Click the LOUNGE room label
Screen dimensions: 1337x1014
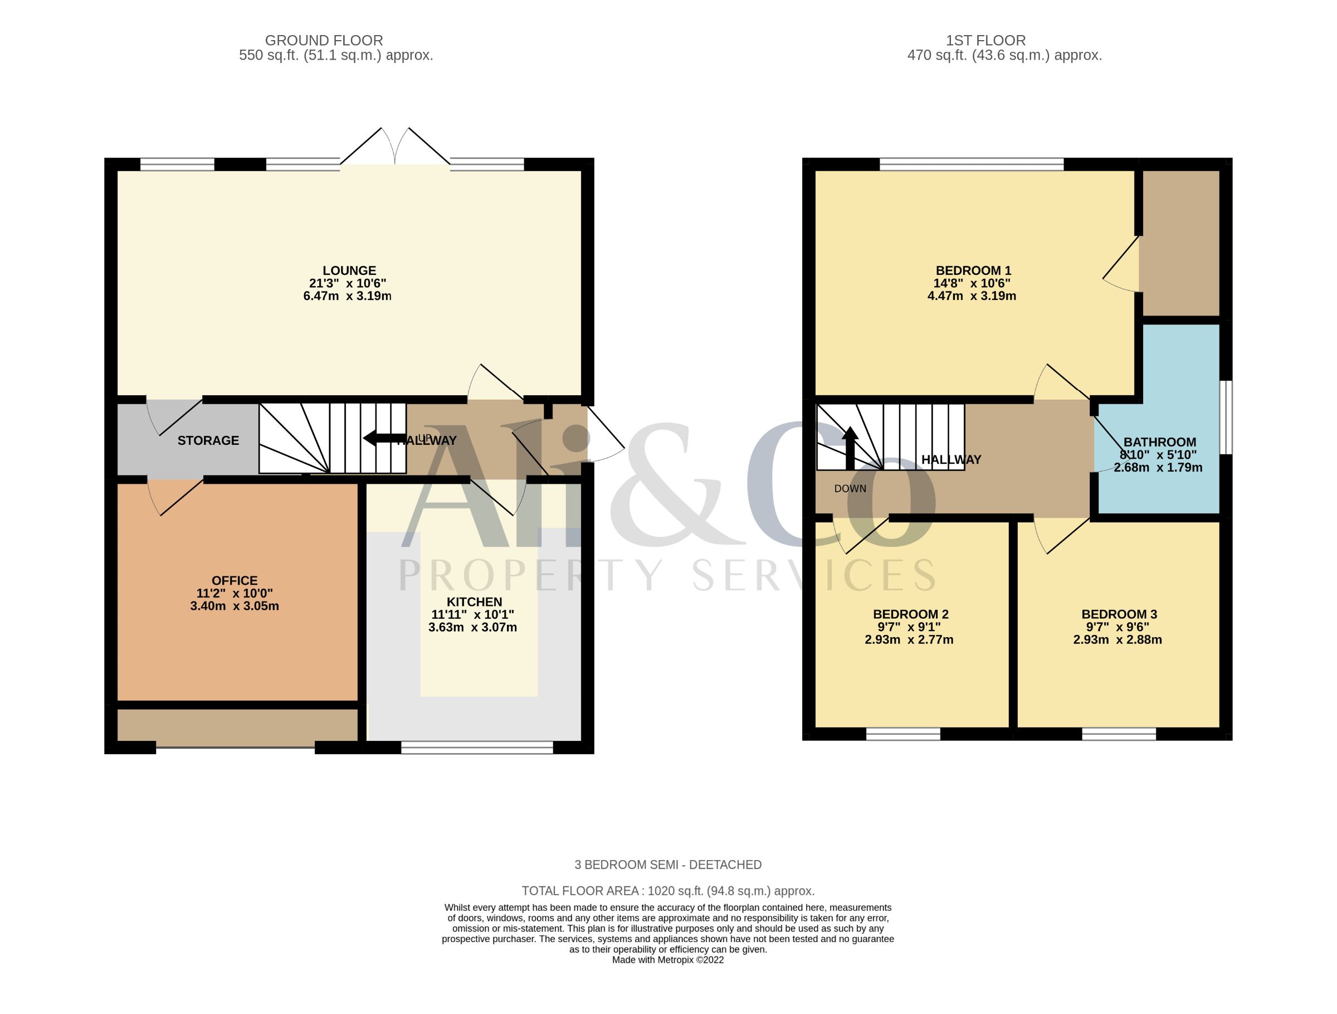[349, 271]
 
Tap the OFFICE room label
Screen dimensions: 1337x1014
[235, 580]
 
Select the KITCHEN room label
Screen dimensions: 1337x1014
[475, 601]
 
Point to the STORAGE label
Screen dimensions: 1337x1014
[208, 441]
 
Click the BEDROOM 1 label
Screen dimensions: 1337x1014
[973, 271]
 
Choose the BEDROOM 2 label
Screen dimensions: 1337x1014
[911, 614]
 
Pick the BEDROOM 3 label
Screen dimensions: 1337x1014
[1119, 614]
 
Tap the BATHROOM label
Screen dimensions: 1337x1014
[1160, 442]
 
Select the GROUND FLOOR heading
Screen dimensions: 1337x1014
[324, 41]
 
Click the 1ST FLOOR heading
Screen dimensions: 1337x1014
[986, 41]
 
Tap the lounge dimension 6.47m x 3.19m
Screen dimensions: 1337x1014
[348, 296]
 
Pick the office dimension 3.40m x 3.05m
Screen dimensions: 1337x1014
[235, 606]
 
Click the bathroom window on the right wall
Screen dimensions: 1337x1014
[1226, 417]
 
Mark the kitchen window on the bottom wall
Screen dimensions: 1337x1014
[477, 748]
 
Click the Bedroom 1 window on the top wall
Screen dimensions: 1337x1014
[972, 164]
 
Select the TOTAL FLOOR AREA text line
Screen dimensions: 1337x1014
[668, 891]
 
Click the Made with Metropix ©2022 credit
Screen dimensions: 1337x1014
[668, 959]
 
